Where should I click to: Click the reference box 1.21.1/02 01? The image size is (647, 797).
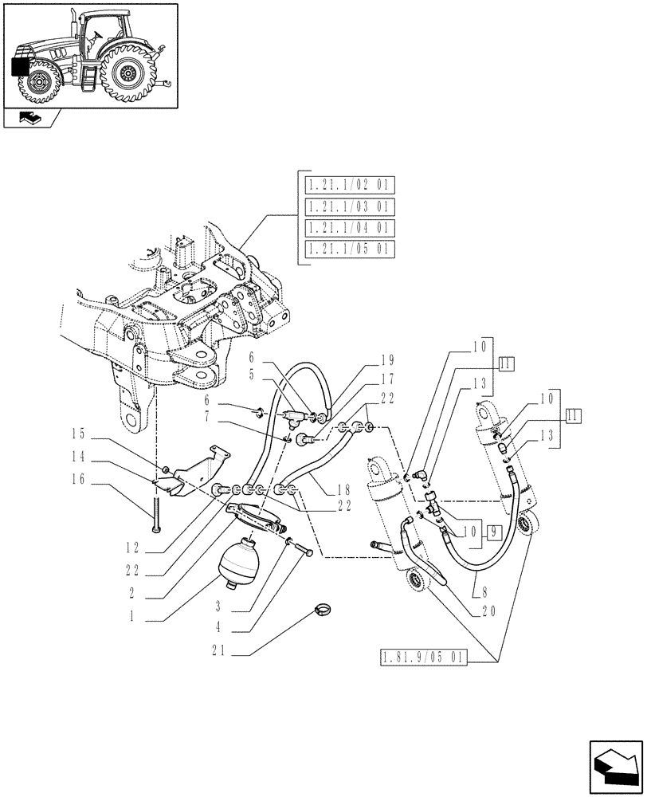(x=350, y=186)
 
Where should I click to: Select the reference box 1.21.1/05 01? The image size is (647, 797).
(x=350, y=249)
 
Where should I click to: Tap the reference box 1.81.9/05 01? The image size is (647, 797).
(x=420, y=658)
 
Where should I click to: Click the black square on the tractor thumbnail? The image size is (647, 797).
(x=20, y=67)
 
